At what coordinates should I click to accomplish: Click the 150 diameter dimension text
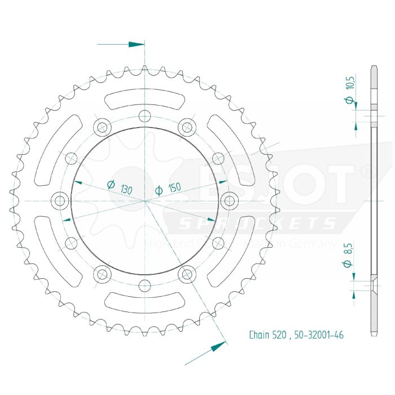point(174,188)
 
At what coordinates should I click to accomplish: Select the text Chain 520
point(268,335)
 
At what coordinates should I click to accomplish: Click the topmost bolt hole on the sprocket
point(145,117)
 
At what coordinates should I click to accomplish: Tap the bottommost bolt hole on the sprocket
point(145,285)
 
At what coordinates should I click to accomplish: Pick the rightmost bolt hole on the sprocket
point(230,200)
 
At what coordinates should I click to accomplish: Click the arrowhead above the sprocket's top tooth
point(137,44)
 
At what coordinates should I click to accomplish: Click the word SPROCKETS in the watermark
point(257,224)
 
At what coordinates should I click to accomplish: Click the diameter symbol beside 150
point(159,190)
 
